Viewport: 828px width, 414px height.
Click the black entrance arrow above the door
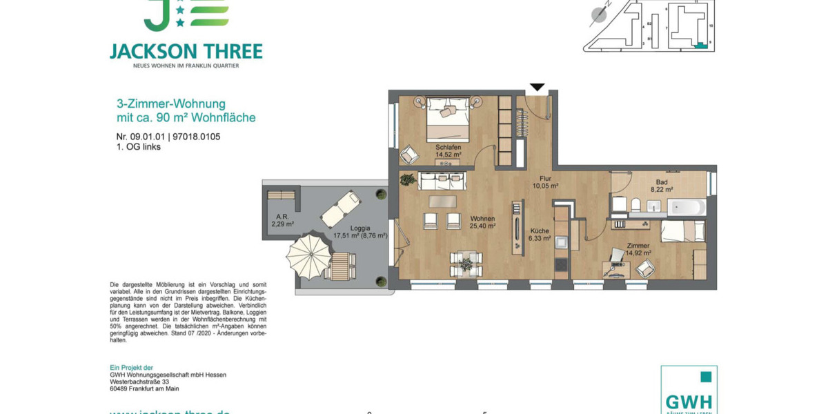537,88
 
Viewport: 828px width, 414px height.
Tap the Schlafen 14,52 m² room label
448,151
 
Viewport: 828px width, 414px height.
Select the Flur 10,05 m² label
545,182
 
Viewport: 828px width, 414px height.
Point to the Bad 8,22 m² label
661,186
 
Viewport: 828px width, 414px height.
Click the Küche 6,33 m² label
540,235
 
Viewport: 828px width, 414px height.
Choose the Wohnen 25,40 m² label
482,222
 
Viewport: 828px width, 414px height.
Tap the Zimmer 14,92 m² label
638,249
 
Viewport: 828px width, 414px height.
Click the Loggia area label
360,232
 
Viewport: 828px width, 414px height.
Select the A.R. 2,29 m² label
282,220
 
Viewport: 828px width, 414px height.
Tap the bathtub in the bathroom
686,207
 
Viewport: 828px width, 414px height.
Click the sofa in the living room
442,181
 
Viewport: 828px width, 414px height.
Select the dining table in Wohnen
466,263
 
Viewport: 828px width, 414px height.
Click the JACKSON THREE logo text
186,52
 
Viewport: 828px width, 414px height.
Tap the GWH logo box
689,391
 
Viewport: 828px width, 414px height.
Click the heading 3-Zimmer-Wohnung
171,104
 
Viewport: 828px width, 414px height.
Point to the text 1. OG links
139,147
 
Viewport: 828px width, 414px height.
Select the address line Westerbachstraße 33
139,382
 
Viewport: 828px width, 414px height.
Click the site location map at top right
649,26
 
